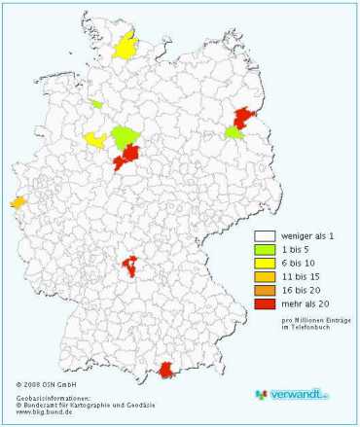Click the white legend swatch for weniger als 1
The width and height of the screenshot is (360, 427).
click(263, 235)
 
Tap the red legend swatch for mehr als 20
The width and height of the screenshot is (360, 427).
click(263, 303)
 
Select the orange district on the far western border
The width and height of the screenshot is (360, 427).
click(18, 202)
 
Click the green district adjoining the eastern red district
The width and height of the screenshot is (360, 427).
click(234, 132)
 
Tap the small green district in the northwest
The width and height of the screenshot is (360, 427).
click(96, 103)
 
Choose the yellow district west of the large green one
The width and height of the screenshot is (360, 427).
click(94, 139)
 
